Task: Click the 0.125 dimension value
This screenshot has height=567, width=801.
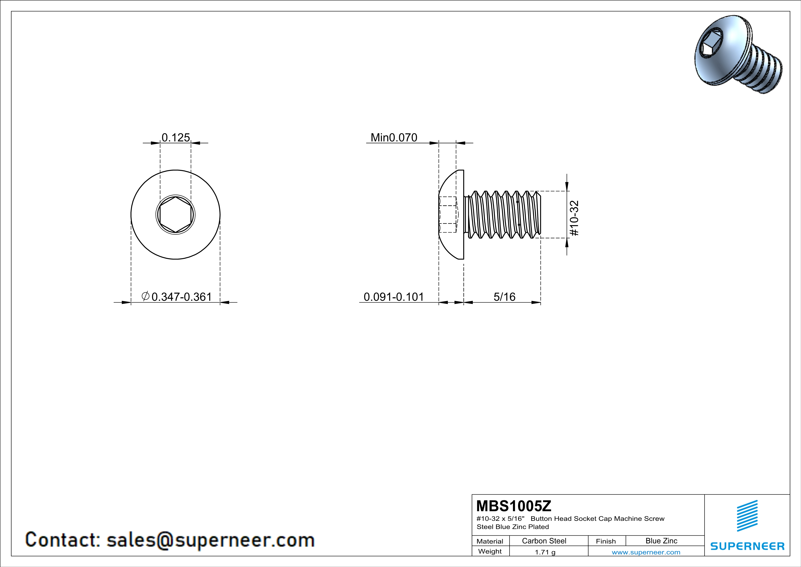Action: pos(176,138)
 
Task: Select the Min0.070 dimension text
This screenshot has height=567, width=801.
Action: pos(394,138)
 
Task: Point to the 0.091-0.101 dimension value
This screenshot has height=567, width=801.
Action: pos(394,297)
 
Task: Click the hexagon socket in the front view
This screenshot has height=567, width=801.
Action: pos(175,214)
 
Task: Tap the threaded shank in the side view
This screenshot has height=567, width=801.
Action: pos(503,215)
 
